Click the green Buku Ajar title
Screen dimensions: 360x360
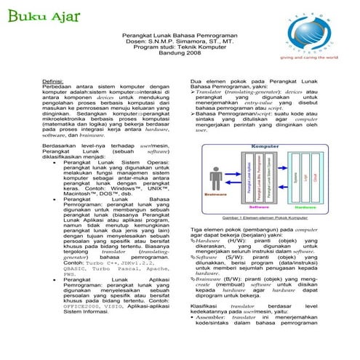35,15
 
